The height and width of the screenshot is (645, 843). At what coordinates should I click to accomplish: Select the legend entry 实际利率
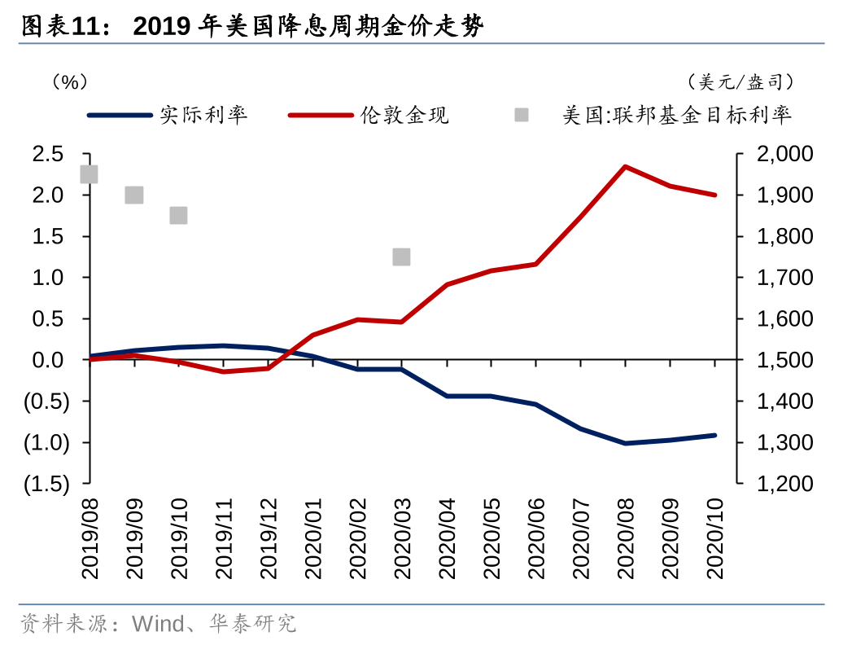tap(203, 115)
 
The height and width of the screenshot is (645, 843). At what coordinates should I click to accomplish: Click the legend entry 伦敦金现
tap(404, 115)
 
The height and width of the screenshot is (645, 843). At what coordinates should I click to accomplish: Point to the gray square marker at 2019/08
tap(90, 174)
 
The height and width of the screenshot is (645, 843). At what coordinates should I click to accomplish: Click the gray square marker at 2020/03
tap(401, 257)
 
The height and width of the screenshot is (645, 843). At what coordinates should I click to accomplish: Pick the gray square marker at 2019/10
tap(179, 215)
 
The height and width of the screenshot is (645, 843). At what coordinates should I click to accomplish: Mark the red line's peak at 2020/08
tap(625, 167)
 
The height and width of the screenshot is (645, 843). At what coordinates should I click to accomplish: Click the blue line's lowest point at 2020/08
tap(625, 443)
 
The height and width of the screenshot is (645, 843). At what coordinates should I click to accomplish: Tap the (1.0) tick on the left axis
tap(46, 442)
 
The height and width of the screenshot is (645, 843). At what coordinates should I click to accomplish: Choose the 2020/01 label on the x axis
tap(313, 539)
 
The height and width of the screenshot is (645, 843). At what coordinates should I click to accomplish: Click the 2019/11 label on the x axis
tap(224, 539)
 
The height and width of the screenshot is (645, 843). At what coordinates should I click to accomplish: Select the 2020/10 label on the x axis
tap(714, 539)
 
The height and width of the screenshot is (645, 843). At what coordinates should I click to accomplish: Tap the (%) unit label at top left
tap(68, 81)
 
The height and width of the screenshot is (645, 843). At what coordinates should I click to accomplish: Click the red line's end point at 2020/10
tap(714, 195)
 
